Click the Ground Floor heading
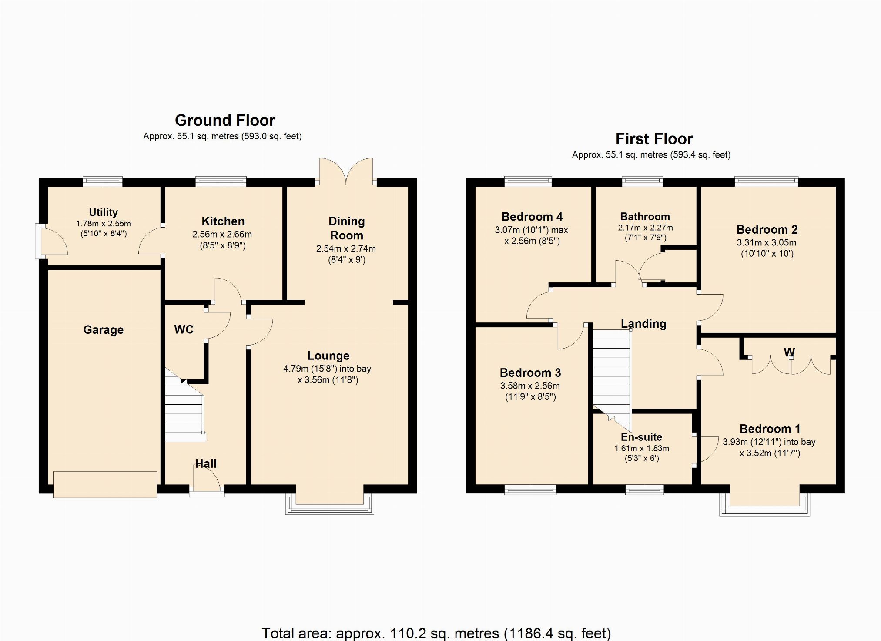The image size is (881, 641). tap(225, 120)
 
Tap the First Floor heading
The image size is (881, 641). tap(654, 139)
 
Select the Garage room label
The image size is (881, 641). tap(103, 330)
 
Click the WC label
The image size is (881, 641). tap(184, 329)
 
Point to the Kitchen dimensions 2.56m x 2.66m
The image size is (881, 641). tap(222, 234)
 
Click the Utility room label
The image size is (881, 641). tap(103, 212)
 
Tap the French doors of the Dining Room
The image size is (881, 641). tap(346, 171)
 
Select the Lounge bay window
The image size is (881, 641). tap(330, 504)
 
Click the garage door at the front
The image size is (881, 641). tap(105, 484)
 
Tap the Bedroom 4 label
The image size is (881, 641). tap(532, 217)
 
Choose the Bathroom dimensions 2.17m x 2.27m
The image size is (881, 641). tap(645, 228)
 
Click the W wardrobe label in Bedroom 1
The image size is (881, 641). tap(789, 352)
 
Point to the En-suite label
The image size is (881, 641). tap(641, 437)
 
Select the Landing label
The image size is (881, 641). tap(643, 324)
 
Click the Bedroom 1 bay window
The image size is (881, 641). tap(765, 505)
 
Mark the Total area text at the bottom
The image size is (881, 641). tap(436, 633)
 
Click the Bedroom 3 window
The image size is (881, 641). tap(530, 490)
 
